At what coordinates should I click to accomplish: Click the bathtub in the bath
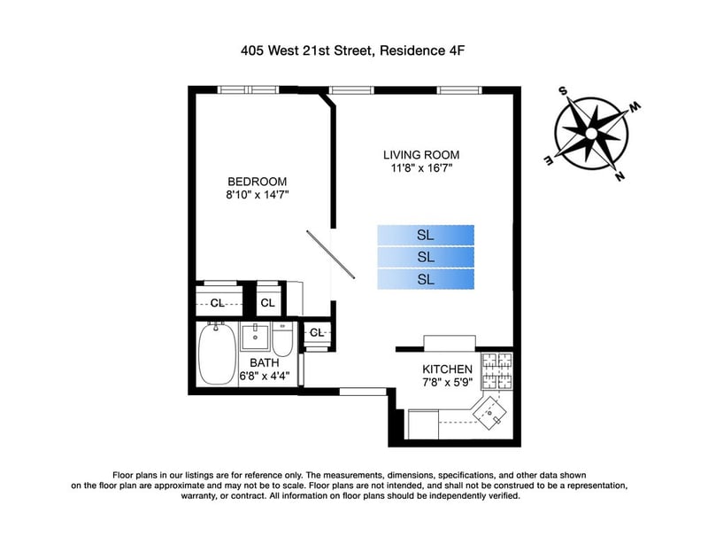(217, 354)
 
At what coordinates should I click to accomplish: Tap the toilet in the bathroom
(282, 339)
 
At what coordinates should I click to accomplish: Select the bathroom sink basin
(255, 337)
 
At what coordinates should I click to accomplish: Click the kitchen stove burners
(497, 371)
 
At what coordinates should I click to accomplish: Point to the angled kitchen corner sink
(489, 413)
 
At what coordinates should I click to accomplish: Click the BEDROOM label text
(257, 182)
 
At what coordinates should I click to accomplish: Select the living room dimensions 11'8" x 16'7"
(421, 168)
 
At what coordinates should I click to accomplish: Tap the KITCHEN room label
(447, 369)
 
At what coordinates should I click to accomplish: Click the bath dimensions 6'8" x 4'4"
(264, 376)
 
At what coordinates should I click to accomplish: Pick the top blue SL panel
(426, 235)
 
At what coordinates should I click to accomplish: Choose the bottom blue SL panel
(426, 279)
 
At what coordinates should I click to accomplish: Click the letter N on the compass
(620, 176)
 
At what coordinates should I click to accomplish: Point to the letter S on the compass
(563, 91)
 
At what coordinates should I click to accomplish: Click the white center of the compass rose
(591, 134)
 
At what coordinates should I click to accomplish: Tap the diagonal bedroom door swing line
(330, 254)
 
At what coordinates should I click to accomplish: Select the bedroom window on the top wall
(249, 89)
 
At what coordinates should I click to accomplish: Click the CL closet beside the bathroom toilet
(317, 333)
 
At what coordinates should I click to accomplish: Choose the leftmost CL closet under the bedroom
(217, 303)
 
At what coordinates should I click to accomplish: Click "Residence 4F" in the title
(422, 51)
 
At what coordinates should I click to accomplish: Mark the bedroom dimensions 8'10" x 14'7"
(257, 195)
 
